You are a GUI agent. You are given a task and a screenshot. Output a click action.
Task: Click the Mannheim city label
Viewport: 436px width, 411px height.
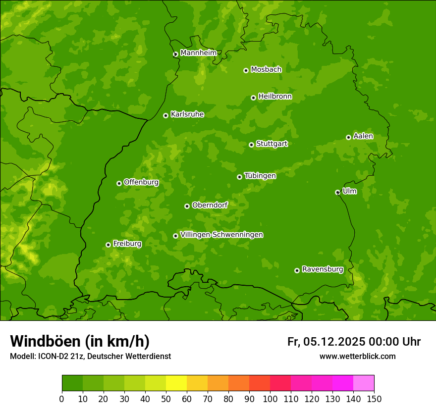pos(198,53)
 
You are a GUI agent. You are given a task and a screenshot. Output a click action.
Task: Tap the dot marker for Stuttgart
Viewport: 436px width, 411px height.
pos(252,145)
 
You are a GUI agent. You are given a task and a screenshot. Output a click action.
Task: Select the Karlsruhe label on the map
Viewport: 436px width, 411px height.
pos(187,114)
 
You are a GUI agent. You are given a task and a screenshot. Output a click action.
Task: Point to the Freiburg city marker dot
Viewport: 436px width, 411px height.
pos(108,245)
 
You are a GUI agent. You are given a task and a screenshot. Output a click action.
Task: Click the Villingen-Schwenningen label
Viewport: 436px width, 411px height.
pos(221,235)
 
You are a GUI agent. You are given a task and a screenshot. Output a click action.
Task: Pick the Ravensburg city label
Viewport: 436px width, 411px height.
pos(323,269)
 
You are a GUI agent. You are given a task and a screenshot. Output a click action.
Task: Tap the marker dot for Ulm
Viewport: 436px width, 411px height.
pos(337,192)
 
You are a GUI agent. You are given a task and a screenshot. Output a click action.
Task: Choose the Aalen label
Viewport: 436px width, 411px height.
pos(363,136)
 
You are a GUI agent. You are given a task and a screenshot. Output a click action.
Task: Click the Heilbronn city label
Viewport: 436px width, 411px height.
pos(275,97)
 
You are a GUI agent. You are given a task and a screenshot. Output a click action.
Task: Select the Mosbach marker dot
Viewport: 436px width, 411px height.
pos(246,70)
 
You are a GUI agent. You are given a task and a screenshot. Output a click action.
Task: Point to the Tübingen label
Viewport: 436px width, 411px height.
pos(260,176)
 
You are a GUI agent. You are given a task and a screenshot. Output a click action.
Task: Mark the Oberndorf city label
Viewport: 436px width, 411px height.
pos(210,205)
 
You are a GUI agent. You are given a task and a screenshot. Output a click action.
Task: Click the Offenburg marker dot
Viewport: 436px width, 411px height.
pos(119,183)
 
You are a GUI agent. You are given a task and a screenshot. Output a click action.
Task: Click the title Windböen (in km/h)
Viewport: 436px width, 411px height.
pos(80,341)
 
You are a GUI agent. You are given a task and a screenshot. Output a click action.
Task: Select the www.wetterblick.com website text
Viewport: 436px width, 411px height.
pos(357,356)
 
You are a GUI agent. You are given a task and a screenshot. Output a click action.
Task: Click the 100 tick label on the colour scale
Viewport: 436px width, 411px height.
pos(270,398)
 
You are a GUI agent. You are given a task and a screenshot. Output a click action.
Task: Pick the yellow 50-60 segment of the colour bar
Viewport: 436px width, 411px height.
pos(176,383)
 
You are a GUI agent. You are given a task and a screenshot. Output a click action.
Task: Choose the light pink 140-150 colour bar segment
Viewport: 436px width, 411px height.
pos(364,383)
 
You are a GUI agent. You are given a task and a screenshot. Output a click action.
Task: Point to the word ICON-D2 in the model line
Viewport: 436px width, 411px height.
pos(51,356)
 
